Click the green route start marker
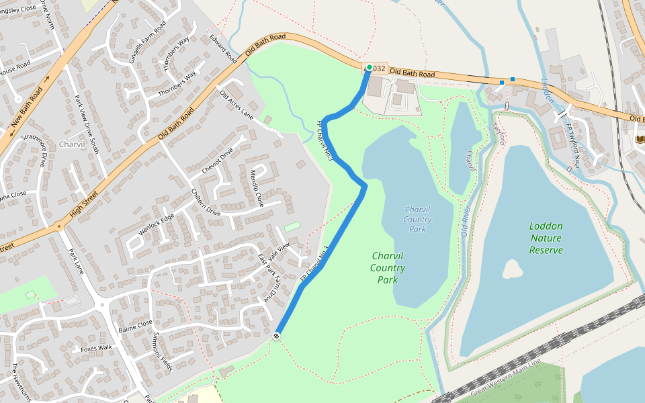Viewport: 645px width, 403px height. click(x=369, y=68)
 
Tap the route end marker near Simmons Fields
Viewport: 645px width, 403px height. click(x=277, y=335)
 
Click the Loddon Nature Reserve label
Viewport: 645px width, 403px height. click(x=546, y=238)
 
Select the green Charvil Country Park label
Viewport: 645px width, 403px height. click(x=388, y=267)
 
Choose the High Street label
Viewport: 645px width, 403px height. click(x=84, y=204)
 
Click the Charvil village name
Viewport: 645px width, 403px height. click(x=72, y=144)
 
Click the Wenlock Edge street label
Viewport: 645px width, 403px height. click(x=156, y=224)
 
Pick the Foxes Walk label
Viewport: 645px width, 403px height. click(x=95, y=348)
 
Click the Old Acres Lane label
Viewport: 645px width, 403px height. click(x=236, y=105)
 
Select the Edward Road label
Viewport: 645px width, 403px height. click(x=223, y=48)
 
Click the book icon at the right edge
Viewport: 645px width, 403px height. click(x=639, y=139)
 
